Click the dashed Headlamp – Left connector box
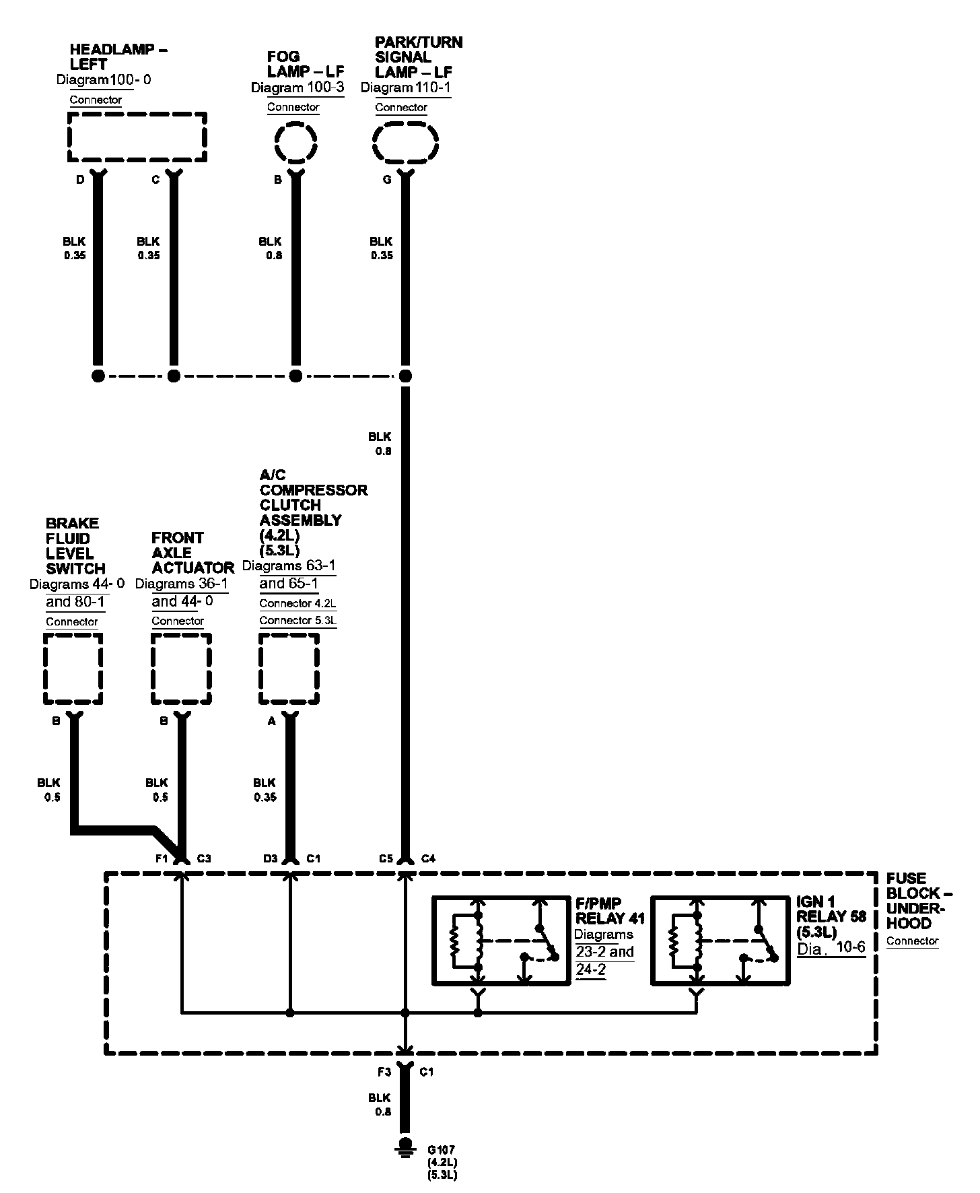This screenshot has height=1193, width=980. (x=137, y=137)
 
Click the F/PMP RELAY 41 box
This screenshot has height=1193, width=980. (x=499, y=941)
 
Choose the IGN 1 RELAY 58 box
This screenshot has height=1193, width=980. (x=720, y=941)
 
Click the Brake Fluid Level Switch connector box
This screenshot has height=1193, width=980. (x=73, y=669)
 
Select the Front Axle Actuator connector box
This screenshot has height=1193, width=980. (x=181, y=669)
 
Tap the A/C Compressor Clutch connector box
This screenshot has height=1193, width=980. (x=289, y=669)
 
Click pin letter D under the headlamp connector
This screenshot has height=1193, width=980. (x=80, y=180)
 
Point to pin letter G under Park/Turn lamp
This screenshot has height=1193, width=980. (x=387, y=180)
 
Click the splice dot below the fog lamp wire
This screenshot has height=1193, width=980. (x=295, y=376)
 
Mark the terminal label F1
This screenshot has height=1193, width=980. (x=161, y=858)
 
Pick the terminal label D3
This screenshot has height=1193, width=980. (x=270, y=858)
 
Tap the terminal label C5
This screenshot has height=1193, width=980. (x=386, y=858)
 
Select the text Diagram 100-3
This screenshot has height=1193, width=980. (x=297, y=88)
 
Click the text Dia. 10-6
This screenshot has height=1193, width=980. (x=831, y=949)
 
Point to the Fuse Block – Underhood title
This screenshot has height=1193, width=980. (x=918, y=901)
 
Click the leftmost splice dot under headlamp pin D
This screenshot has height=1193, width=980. (x=98, y=376)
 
